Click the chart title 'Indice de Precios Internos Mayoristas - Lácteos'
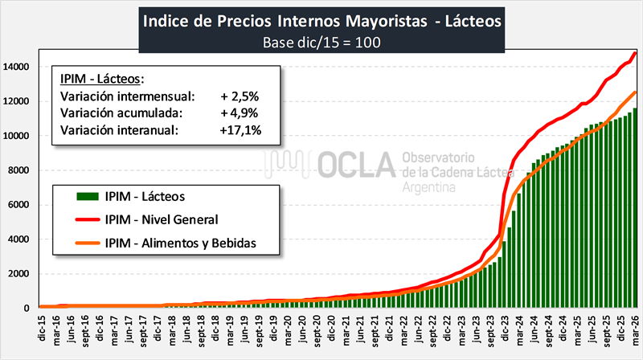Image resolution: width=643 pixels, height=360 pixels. [x=321, y=20]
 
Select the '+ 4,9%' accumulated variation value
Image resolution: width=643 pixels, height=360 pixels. [x=239, y=112]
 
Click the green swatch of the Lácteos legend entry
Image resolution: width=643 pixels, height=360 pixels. [x=86, y=196]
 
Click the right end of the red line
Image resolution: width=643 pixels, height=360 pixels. [x=636, y=53]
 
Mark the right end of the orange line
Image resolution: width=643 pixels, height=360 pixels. [x=636, y=92]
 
